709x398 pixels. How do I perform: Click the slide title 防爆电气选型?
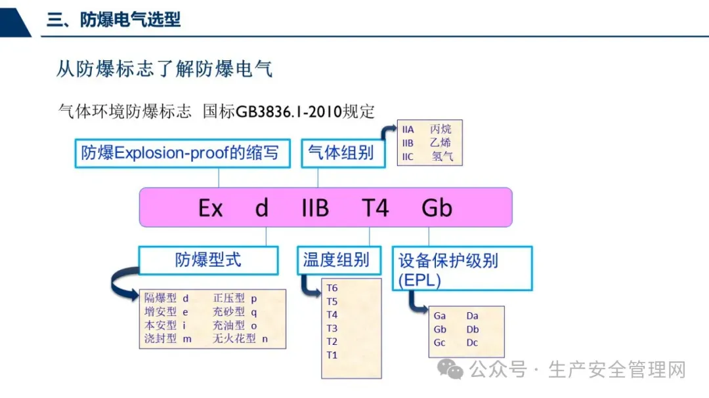113,20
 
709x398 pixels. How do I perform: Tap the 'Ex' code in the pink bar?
211,209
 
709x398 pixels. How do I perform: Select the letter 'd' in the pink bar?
262,209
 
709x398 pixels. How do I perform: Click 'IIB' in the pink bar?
314,209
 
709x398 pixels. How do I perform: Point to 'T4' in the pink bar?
376,209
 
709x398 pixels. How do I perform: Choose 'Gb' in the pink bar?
437,209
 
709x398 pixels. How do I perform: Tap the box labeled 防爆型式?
208,260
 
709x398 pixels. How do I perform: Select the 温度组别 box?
335,260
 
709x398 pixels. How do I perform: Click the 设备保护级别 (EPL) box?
462,268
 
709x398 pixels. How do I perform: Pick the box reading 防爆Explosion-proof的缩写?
181,153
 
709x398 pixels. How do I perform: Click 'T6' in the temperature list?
332,288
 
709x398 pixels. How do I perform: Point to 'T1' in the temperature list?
332,355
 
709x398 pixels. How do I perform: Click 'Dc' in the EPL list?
472,343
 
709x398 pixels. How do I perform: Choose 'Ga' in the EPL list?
440,316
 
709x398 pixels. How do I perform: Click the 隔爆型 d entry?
167,298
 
